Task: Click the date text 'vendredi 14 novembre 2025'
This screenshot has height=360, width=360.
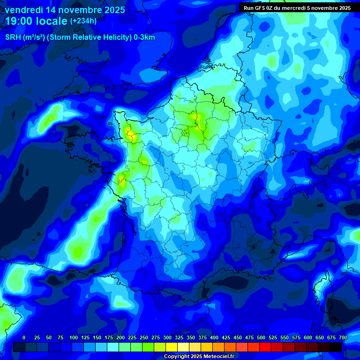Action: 65,9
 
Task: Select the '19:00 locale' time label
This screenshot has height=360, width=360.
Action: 37,21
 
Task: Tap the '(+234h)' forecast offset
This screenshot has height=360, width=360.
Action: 83,21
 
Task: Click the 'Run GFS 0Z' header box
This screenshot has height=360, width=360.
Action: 297,7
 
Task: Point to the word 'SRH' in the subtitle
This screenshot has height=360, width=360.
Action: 13,37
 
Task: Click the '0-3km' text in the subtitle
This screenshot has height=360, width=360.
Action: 144,37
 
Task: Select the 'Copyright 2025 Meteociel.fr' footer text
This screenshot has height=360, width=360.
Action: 199,356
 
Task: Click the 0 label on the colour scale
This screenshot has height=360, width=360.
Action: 24,337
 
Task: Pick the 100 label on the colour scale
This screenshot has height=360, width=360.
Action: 74,337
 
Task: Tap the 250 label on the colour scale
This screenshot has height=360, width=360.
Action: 144,337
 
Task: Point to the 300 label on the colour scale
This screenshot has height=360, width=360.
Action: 167,337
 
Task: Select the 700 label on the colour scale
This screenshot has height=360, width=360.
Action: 343,337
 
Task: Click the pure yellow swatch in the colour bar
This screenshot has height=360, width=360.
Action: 172,347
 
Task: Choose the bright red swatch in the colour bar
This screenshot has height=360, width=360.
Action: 265,347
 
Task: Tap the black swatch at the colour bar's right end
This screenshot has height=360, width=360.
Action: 336,347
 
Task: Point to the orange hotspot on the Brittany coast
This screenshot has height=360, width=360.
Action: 132,136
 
